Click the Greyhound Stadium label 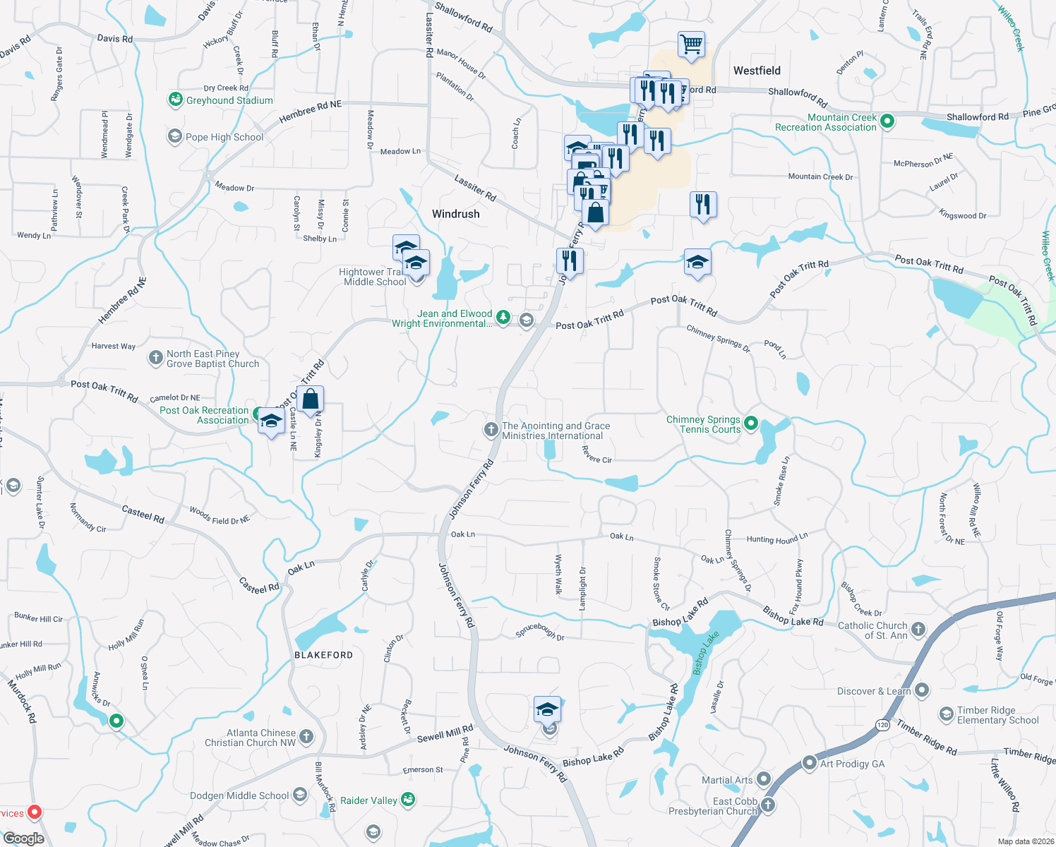coord(229,100)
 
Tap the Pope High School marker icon coord(174,136)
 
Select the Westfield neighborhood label coord(757,71)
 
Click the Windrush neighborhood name coord(455,214)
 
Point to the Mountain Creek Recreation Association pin coord(888,121)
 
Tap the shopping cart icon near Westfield coord(691,44)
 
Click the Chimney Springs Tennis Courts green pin coord(751,423)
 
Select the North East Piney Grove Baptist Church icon coord(156,358)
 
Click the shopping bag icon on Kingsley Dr coord(310,400)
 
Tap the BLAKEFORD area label coord(323,655)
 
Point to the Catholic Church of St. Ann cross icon coord(918,629)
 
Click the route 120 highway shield coord(882,725)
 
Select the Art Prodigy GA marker coord(810,763)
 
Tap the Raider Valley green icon coord(407,800)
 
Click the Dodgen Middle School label coord(239,795)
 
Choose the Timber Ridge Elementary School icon coord(946,714)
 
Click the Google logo coord(24,838)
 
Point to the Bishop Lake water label coord(706,652)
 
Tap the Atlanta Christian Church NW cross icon coord(306,737)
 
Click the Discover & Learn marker coord(921,690)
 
